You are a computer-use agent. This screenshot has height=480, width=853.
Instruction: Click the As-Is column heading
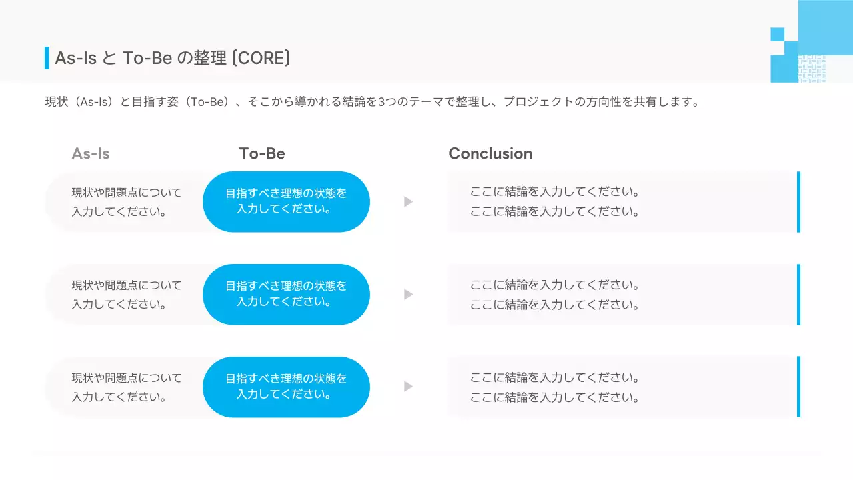click(91, 153)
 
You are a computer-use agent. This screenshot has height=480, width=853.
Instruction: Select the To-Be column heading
click(262, 153)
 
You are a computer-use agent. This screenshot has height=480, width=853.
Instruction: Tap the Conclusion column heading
click(490, 153)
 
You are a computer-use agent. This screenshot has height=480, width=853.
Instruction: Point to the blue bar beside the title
click(47, 58)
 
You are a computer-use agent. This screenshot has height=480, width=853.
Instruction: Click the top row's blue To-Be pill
click(286, 201)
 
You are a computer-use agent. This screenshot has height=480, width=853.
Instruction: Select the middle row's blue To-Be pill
click(286, 294)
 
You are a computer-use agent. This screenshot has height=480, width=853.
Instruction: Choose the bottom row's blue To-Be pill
click(286, 387)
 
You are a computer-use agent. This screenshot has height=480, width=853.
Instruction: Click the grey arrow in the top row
click(408, 201)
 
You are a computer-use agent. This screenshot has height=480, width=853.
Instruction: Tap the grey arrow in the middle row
click(408, 294)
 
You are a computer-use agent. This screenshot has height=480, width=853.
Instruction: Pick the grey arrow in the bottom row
click(408, 387)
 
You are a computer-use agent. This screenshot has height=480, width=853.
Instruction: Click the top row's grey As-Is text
click(127, 202)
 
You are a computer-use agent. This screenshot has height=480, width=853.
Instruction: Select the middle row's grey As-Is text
click(127, 295)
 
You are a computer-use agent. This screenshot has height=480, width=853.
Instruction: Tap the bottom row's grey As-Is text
click(127, 387)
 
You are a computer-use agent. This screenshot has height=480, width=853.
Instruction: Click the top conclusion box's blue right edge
click(798, 201)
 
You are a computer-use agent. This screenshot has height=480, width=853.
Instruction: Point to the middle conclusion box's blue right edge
click(798, 294)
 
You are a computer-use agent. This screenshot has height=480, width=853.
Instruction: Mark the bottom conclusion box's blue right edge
click(798, 387)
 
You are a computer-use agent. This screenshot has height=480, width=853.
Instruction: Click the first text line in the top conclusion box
click(555, 192)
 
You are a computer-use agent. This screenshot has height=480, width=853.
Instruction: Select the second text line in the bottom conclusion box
click(555, 398)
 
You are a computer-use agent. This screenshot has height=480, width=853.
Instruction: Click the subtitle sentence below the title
click(372, 102)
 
